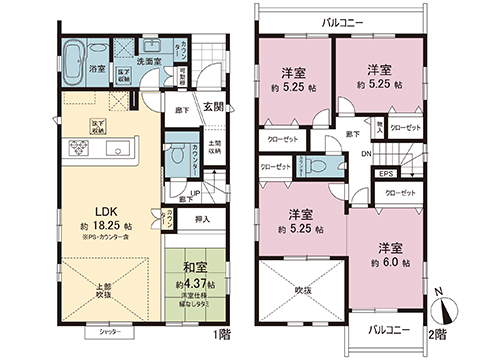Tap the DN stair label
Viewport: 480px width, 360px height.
point(368,153)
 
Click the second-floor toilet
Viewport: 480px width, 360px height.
point(319,167)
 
